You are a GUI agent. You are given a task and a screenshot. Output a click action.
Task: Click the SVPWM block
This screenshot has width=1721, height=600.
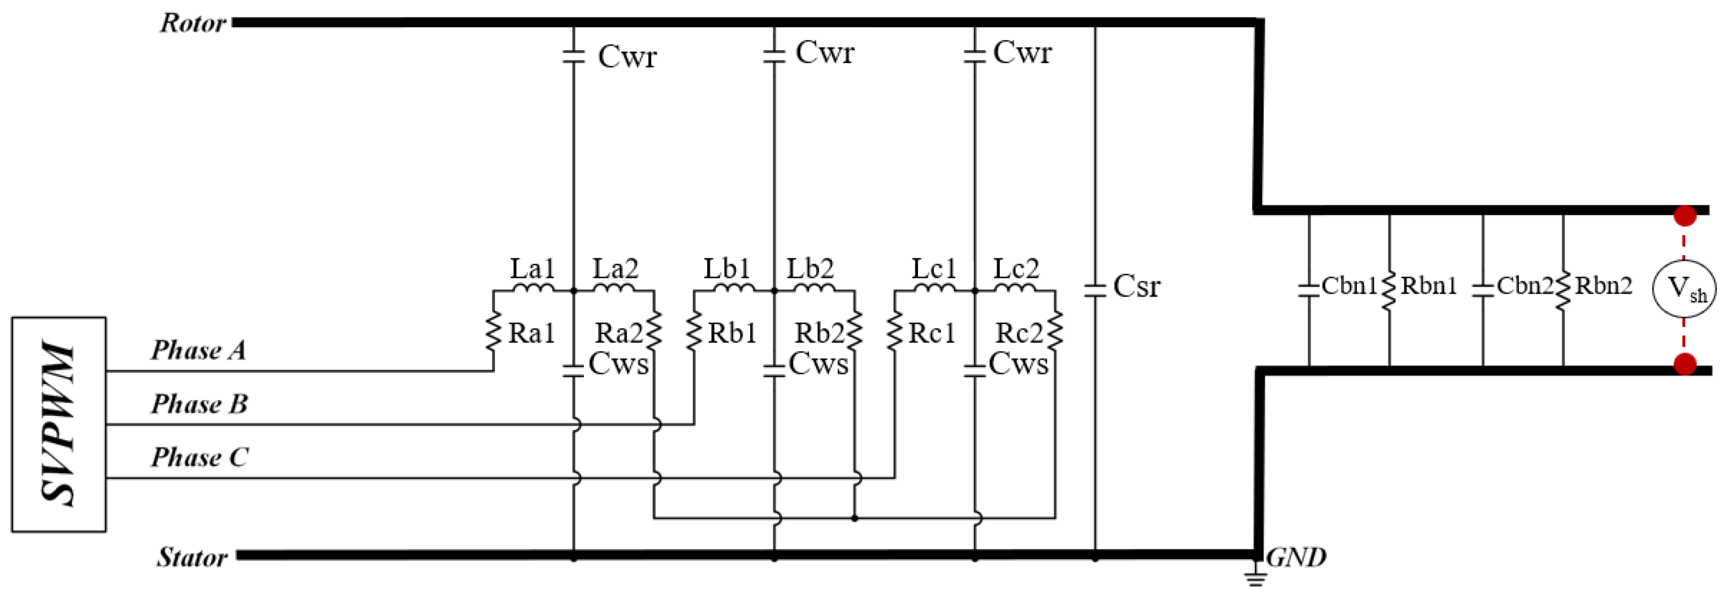tap(59, 425)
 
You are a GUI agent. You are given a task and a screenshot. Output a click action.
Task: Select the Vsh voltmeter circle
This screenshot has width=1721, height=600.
tap(1683, 289)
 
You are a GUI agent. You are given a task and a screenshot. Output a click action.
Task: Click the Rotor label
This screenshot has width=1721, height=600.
tap(193, 23)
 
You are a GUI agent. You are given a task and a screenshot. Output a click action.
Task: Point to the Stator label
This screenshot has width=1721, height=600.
tap(192, 556)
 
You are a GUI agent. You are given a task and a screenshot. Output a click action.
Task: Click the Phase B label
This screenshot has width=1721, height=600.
tap(199, 404)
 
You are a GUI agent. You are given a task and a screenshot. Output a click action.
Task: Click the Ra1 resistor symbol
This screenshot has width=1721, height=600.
tap(494, 331)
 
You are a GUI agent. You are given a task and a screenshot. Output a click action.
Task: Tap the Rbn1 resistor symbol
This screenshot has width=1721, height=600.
tap(1390, 290)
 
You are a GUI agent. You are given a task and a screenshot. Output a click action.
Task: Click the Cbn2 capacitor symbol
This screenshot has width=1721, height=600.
tap(1483, 290)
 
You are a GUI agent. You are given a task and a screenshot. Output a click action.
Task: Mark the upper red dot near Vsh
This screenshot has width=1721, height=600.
tap(1685, 216)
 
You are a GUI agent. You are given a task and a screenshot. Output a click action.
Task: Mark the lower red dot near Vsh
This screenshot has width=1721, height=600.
tap(1685, 365)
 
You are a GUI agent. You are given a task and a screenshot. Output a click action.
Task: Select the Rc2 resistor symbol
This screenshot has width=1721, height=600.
tap(1055, 331)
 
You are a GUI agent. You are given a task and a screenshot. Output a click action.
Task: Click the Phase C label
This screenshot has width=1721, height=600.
tap(199, 457)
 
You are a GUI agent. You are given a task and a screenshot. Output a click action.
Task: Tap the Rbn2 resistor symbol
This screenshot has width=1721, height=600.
tap(1563, 290)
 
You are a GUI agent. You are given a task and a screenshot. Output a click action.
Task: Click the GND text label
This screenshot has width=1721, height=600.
tap(1296, 556)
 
